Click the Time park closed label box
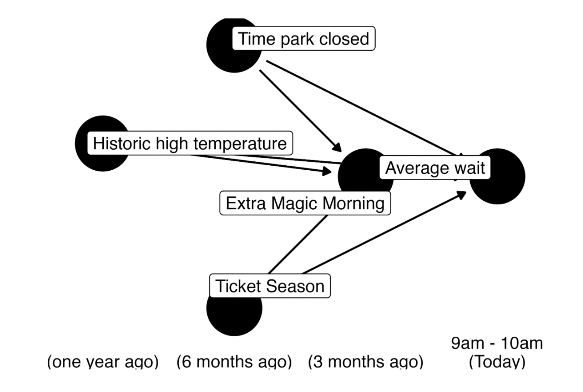pyautogui.click(x=304, y=38)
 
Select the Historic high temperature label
pyautogui.click(x=190, y=143)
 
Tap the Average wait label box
pyautogui.click(x=435, y=167)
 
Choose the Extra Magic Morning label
pyautogui.click(x=305, y=203)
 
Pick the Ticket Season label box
pyautogui.click(x=270, y=286)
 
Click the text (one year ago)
pyautogui.click(x=103, y=362)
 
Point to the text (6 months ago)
pyautogui.click(x=234, y=362)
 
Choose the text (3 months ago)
pyautogui.click(x=366, y=362)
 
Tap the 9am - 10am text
pyautogui.click(x=497, y=343)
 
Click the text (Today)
pyautogui.click(x=497, y=362)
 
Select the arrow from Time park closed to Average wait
pyautogui.click(x=364, y=108)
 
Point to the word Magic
pyautogui.click(x=295, y=204)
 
